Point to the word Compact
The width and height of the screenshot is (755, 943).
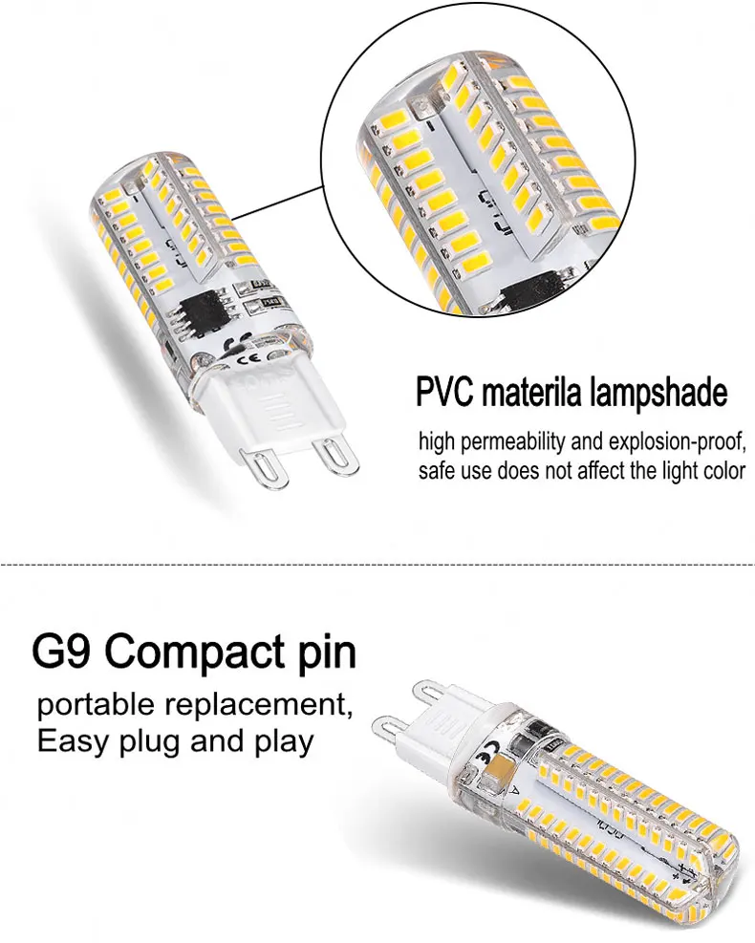[x=183, y=653]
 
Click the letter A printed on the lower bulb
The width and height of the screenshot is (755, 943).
[x=517, y=791]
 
